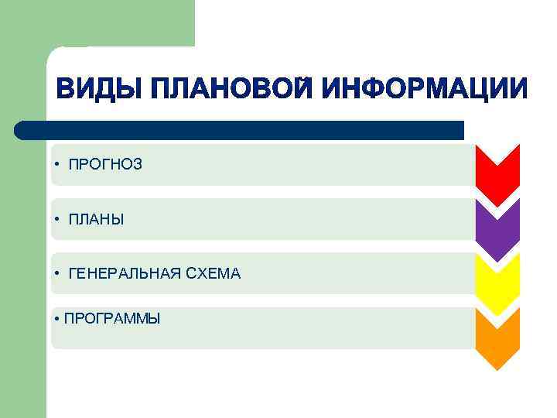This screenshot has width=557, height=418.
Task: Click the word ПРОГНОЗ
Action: [105, 164]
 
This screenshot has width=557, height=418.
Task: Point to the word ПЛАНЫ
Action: [96, 219]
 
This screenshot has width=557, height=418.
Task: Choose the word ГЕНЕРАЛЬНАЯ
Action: [125, 273]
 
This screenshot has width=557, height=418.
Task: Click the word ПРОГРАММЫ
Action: [113, 318]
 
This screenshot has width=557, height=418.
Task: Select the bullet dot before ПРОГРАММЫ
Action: [58, 318]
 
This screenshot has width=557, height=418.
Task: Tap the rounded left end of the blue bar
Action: [21, 129]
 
